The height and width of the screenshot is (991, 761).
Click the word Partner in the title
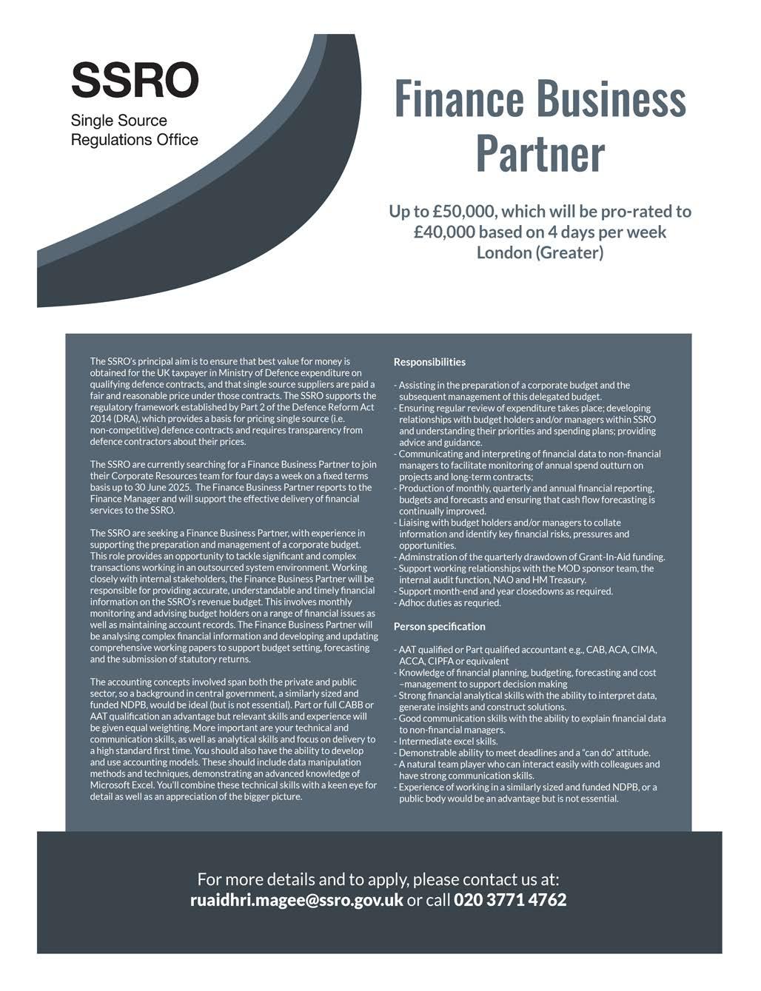(540, 153)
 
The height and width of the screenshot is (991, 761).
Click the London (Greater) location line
(540, 253)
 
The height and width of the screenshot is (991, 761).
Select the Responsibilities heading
(429, 363)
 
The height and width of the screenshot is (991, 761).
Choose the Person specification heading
(439, 627)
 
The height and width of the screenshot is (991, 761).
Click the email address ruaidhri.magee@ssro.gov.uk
(297, 900)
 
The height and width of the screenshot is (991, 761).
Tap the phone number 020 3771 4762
(510, 900)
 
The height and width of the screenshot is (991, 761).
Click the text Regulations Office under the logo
(135, 139)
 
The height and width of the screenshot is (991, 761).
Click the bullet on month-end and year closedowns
(506, 591)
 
